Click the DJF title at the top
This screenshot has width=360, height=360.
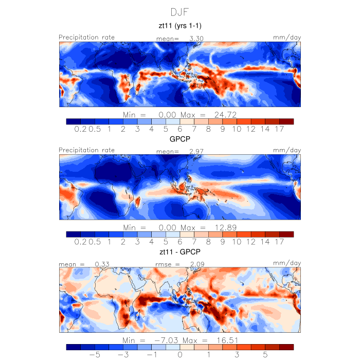(x=179, y=11)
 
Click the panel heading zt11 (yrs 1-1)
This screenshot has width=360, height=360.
(x=179, y=25)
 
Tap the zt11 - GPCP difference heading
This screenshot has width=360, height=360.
(x=179, y=253)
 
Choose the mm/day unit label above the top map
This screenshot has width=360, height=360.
(x=287, y=37)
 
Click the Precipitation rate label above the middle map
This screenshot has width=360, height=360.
(x=86, y=150)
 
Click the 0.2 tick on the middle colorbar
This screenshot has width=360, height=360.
(x=80, y=242)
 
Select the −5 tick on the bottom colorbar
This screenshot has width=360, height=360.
(x=94, y=355)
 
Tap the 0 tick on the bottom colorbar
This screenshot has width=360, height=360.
(x=180, y=355)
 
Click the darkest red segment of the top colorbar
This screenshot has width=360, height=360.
(x=286, y=121)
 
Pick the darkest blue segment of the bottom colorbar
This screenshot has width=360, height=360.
(x=74, y=347)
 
